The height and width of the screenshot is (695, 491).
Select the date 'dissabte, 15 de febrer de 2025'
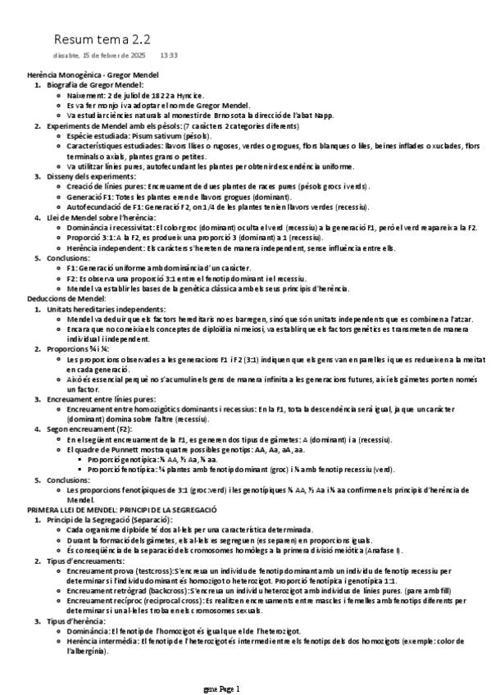99,56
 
